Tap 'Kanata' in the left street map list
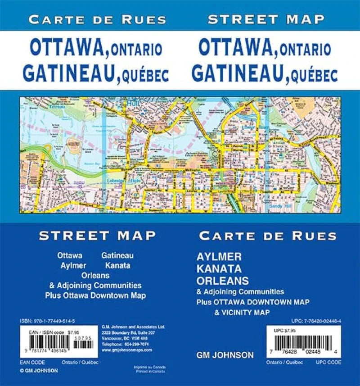tap(117, 265)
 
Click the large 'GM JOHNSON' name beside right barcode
tap(225, 355)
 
